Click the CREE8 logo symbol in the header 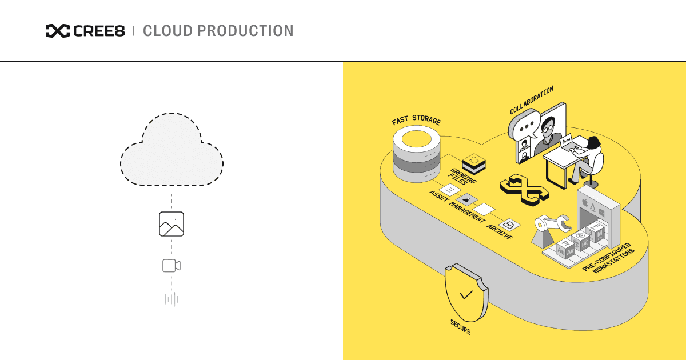58,31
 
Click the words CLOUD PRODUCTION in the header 218,31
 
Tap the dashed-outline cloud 171,151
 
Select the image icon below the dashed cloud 171,224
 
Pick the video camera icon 171,266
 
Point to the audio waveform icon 171,299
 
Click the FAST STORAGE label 416,121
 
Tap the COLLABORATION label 532,101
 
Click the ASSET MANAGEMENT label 457,207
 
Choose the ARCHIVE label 499,231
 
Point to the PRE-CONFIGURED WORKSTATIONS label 609,261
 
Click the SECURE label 460,327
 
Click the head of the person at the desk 593,142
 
